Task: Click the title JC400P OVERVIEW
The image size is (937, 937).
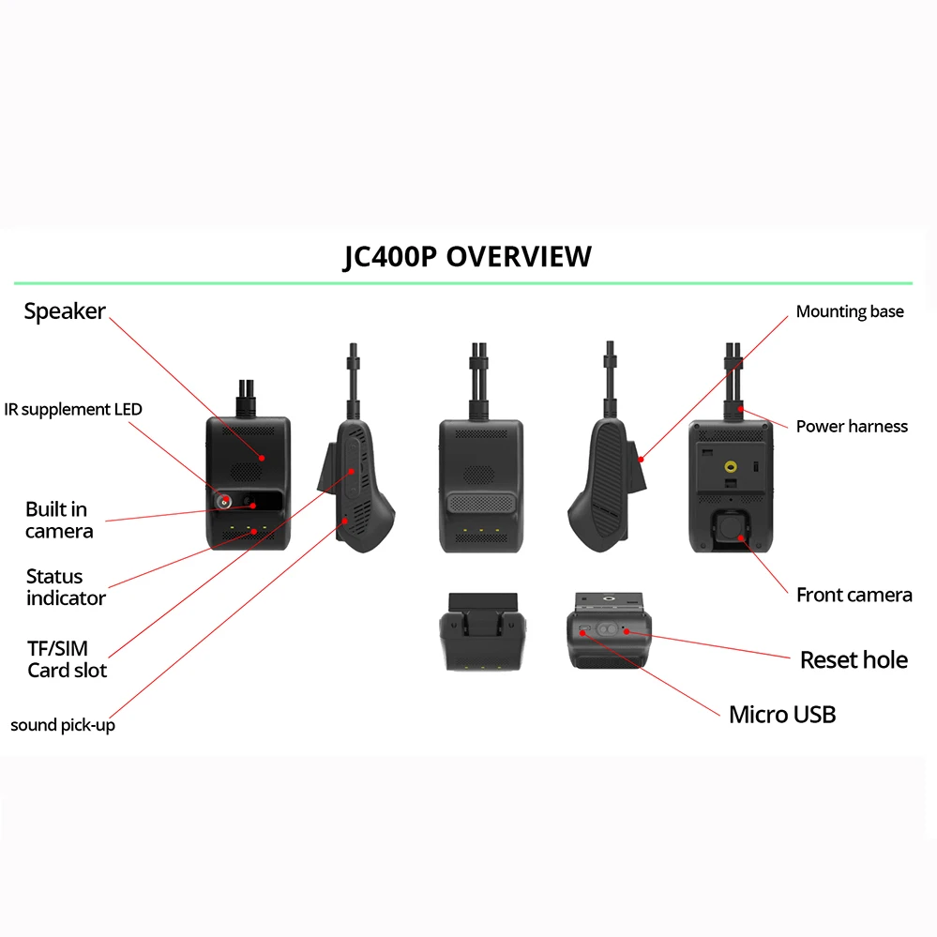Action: [467, 256]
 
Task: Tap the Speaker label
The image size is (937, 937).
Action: [65, 311]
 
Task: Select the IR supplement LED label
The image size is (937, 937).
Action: [73, 410]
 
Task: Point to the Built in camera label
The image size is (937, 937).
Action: [59, 521]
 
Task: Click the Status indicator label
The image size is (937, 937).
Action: [66, 587]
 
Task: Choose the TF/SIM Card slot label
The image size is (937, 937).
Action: [67, 658]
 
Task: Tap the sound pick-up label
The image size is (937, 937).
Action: [63, 725]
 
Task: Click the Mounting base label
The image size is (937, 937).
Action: [850, 311]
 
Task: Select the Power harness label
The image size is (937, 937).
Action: [852, 426]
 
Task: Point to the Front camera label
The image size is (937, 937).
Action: [854, 595]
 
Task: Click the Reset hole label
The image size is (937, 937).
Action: [854, 660]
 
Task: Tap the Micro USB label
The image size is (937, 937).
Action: [781, 715]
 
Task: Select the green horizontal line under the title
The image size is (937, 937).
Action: [462, 282]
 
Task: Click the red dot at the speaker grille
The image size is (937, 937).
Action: [264, 458]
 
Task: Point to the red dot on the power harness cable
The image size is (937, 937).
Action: [741, 408]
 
